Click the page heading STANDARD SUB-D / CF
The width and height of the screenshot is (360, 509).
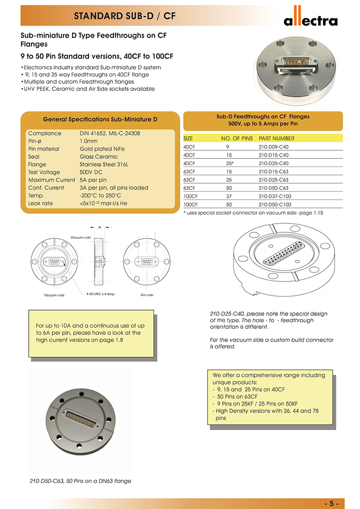125,17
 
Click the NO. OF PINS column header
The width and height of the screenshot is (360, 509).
237,139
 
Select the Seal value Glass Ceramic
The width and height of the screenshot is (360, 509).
99,157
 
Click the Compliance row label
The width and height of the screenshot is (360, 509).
45,133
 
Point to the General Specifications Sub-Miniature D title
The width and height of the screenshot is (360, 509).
100,120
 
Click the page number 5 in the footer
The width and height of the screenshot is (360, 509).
331,503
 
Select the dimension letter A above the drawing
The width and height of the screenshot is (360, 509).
99,227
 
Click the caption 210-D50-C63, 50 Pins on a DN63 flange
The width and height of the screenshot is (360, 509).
81,481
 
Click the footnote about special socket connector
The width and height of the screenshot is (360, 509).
253,212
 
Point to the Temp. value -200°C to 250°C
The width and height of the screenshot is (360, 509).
100,196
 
